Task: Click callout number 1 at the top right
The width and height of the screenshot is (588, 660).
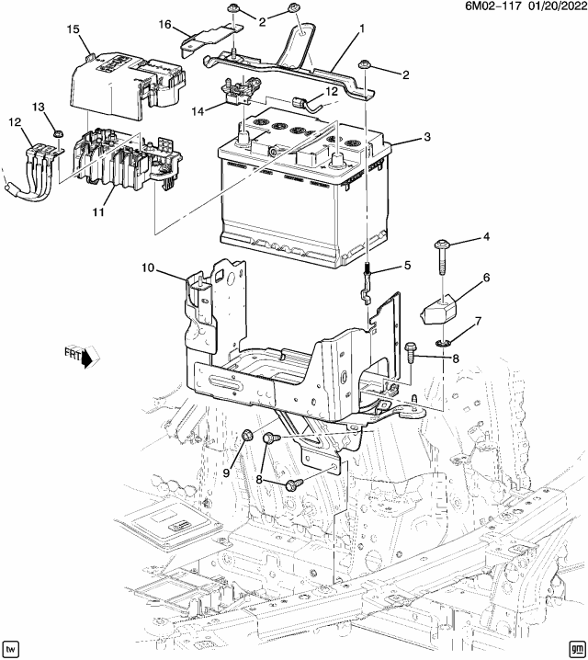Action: coord(362,28)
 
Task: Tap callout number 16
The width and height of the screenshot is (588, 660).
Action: coord(165,24)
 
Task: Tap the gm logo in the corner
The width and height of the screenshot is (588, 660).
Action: coord(576,647)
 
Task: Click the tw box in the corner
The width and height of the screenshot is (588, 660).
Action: coord(12,647)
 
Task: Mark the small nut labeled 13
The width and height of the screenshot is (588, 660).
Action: coord(57,133)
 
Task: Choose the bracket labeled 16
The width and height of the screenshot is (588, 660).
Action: coord(203,40)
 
